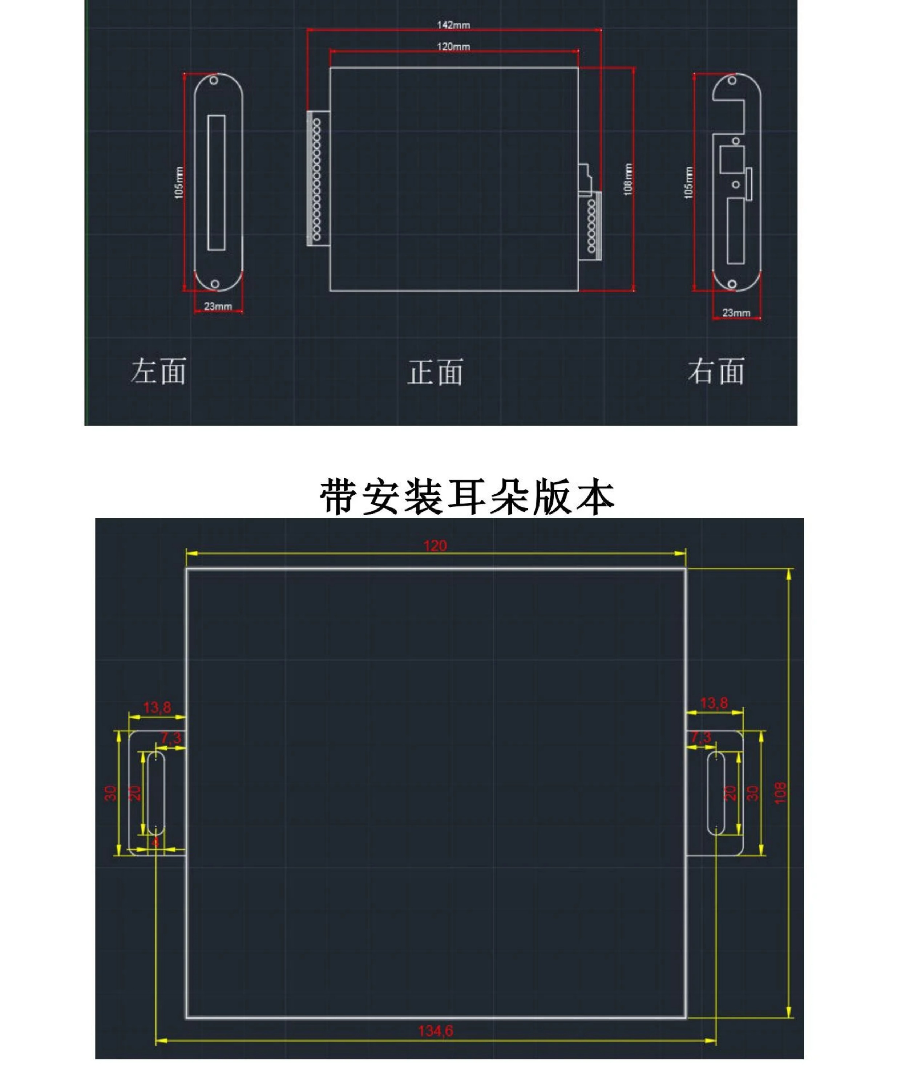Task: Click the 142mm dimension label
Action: pos(453,25)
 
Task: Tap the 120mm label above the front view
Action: pos(453,47)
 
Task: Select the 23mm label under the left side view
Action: pos(218,306)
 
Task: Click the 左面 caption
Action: pos(158,372)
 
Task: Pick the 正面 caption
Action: pos(435,373)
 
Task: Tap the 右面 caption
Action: pos(716,372)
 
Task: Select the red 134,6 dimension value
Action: pos(436,1030)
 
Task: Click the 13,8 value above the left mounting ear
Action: pos(157,707)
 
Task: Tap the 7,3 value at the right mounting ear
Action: pos(701,737)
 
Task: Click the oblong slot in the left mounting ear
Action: pos(156,793)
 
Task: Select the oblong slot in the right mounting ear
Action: pos(716,793)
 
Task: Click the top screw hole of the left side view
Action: pos(213,81)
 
